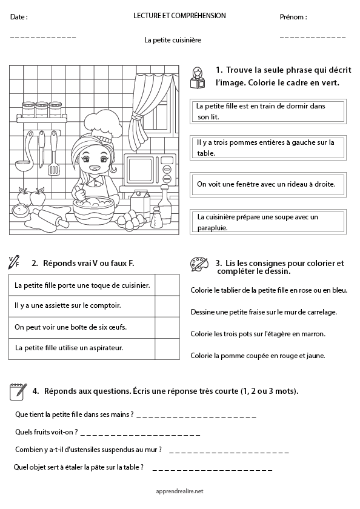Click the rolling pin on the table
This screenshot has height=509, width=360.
51,216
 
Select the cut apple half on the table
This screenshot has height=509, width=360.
22,211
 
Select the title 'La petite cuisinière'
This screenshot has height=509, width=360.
172,40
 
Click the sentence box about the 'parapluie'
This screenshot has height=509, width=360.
267,222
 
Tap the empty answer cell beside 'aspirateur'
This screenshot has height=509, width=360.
170,348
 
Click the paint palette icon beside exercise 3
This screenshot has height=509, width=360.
198,264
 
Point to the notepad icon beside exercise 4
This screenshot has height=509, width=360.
17,391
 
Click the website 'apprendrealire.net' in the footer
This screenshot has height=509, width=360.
179,491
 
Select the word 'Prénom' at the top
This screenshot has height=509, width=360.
293,17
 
